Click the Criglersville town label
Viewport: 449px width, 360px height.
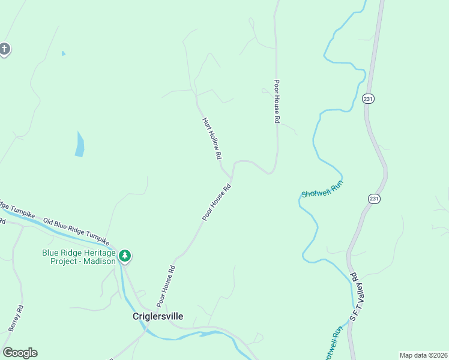[x=158, y=316]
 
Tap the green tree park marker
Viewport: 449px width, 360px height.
[x=125, y=256]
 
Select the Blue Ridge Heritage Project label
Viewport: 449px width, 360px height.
[x=78, y=257]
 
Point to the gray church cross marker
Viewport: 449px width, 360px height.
[x=4, y=49]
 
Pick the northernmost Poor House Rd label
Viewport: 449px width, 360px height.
[x=277, y=102]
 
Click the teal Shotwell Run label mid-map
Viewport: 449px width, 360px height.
[x=322, y=190]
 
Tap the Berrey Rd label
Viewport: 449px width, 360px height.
[x=16, y=319]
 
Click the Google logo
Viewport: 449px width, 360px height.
[x=20, y=353]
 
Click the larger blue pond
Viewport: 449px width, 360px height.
[x=79, y=145]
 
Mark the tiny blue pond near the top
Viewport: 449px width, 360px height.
[x=63, y=53]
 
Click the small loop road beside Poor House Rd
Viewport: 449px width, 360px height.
[x=265, y=91]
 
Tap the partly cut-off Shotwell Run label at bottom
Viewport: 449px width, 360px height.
[x=337, y=342]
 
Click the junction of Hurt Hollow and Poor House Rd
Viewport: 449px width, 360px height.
[x=231, y=177]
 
